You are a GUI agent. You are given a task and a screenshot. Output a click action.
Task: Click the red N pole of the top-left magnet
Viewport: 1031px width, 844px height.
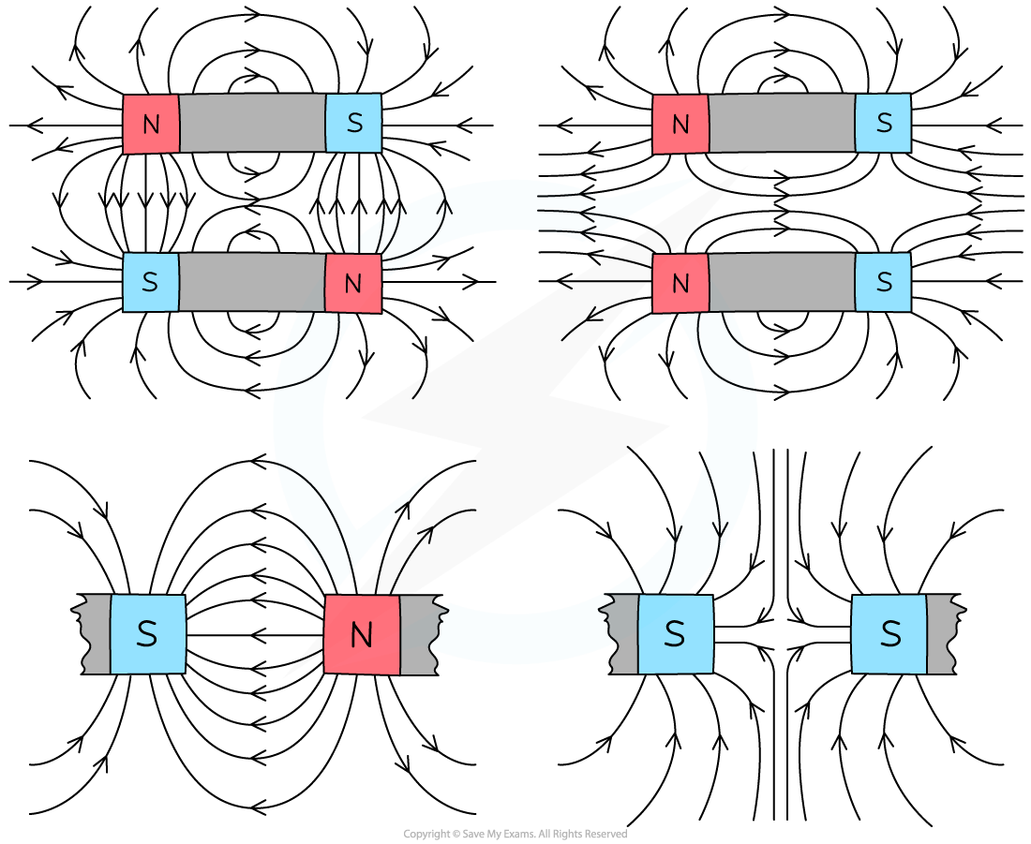tap(151, 124)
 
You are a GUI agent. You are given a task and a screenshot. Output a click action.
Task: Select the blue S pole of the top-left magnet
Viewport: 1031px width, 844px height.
tap(353, 123)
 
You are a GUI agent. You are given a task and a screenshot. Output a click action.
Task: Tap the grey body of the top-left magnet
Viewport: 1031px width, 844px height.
tap(252, 123)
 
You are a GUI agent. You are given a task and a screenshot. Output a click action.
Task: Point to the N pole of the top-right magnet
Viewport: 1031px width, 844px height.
tap(680, 124)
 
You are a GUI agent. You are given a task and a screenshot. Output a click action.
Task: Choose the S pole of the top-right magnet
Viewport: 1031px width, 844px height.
tap(883, 123)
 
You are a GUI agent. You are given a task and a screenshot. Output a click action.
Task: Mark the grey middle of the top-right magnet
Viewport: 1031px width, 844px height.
tap(782, 123)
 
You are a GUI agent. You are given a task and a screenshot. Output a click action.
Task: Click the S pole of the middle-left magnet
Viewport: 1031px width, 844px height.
tap(150, 282)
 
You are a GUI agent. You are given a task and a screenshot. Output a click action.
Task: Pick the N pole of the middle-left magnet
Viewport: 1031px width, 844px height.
tap(352, 283)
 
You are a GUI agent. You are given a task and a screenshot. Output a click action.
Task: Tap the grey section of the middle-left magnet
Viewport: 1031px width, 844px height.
tap(251, 282)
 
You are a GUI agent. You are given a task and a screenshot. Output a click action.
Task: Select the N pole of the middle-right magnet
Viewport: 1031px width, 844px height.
tap(680, 283)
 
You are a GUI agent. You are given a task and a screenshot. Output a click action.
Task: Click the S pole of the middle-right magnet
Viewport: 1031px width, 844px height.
tap(883, 282)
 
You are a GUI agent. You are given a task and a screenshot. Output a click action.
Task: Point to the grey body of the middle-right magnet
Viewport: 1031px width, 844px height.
tap(782, 282)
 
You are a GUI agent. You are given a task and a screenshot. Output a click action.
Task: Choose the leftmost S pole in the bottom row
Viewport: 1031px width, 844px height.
tap(147, 634)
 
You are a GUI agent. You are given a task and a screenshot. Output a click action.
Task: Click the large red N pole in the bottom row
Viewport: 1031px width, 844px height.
tap(362, 635)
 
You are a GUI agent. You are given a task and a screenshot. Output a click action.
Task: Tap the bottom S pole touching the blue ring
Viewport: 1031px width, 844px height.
tap(675, 634)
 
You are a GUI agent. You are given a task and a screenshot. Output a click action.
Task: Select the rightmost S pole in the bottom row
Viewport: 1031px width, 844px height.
tap(889, 634)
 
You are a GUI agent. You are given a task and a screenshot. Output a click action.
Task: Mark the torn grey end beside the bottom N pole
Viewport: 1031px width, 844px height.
tap(418, 635)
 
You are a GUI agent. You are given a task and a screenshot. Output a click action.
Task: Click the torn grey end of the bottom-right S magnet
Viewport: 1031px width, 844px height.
tap(944, 634)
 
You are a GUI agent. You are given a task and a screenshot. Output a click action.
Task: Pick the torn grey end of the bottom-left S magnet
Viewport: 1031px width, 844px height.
tap(96, 634)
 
